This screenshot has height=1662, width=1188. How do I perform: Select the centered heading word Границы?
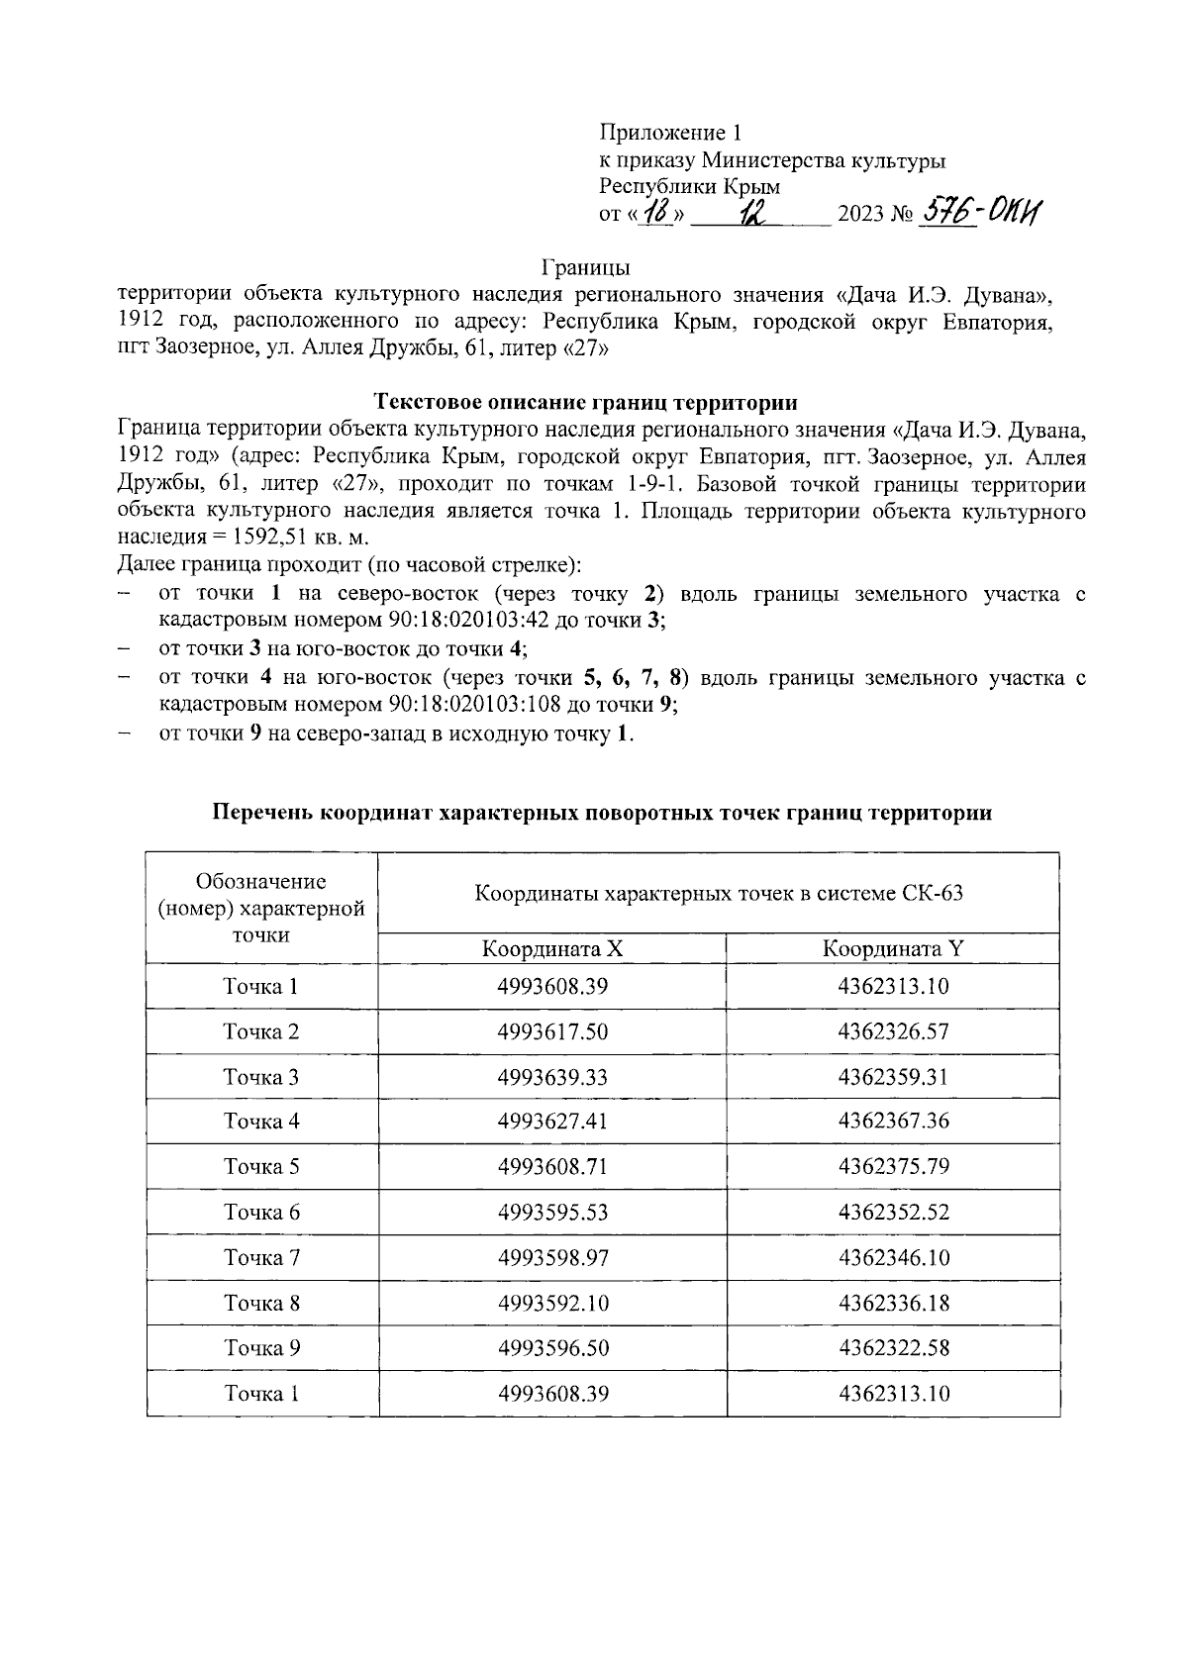click(585, 267)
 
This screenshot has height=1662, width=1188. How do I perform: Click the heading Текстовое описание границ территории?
click(586, 402)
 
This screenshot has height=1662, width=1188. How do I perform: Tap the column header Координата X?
click(551, 948)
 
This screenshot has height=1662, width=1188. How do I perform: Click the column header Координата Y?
click(893, 948)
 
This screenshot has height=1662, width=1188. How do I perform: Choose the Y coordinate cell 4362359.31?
click(893, 1076)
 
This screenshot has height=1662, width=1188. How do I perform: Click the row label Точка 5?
click(261, 1166)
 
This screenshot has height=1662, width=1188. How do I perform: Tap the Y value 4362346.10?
click(893, 1257)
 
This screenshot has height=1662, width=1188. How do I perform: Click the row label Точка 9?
click(261, 1347)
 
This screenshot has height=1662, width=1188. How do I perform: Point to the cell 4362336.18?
click(893, 1303)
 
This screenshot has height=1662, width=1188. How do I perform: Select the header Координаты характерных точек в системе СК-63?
click(719, 893)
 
